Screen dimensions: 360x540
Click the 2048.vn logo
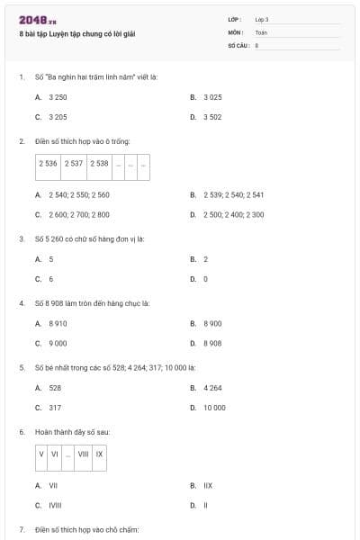(38, 20)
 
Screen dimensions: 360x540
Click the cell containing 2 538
(99, 164)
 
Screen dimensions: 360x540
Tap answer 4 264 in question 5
(212, 387)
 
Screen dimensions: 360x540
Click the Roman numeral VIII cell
(84, 454)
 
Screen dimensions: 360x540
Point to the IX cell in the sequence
(100, 454)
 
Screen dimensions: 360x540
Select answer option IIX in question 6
(207, 485)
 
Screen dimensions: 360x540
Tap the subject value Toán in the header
(261, 31)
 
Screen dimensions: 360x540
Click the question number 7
(21, 530)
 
